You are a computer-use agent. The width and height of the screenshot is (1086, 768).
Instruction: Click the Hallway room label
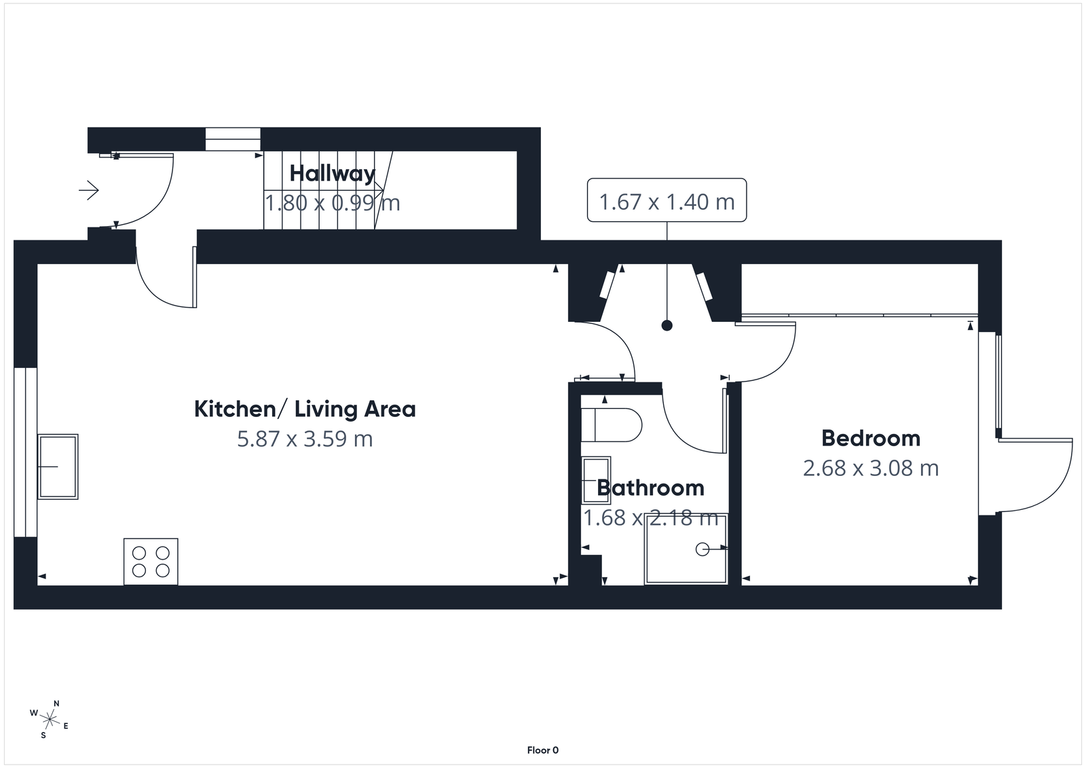tap(332, 174)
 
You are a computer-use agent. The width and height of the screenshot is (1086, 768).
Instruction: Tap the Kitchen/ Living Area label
tap(305, 409)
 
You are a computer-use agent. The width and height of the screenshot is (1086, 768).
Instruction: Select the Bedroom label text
tap(871, 438)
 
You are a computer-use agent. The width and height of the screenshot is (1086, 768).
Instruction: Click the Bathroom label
tap(650, 488)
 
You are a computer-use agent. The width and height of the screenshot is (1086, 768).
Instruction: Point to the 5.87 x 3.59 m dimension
tap(305, 439)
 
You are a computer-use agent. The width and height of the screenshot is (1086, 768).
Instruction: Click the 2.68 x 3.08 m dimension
tap(871, 468)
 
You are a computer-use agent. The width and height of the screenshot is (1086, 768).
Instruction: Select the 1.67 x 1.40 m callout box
tap(667, 201)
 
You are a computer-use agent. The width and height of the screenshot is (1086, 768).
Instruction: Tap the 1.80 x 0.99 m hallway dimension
tap(332, 202)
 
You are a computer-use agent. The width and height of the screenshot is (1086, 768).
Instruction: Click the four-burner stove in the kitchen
tap(151, 562)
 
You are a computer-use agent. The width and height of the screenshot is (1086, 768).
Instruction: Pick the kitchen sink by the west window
tap(58, 467)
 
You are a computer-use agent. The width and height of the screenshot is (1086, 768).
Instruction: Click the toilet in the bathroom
tap(611, 425)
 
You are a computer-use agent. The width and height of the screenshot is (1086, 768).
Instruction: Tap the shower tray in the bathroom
tap(686, 549)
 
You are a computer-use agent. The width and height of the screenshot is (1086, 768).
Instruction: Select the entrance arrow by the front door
tap(89, 190)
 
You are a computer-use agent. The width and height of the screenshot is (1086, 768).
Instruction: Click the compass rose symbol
tap(50, 718)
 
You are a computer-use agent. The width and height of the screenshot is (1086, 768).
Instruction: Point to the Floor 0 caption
tap(542, 750)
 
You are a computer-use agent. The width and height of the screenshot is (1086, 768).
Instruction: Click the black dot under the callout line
tap(667, 326)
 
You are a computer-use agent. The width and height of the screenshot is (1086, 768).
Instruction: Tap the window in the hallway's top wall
tap(233, 139)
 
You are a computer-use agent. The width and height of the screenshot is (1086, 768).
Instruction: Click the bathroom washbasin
tap(597, 479)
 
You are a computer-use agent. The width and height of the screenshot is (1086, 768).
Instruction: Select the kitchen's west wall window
tap(25, 452)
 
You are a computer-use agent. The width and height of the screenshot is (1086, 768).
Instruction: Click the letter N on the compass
tap(57, 703)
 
